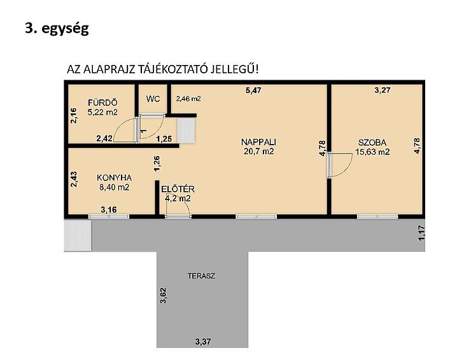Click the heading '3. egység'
[x=57, y=29]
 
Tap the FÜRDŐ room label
[x=102, y=103]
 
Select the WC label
[x=153, y=99]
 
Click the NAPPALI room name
[x=258, y=142]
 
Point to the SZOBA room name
[x=372, y=143]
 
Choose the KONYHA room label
[x=114, y=178]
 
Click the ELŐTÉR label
[x=178, y=189]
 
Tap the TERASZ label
[x=201, y=276]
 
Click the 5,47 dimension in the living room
[x=253, y=90]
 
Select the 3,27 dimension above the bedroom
[x=383, y=90]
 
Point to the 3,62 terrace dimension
[x=163, y=296]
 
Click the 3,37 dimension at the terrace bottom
[x=203, y=342]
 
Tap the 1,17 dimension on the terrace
[x=422, y=233]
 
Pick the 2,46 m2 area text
[x=188, y=99]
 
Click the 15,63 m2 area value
[x=372, y=152]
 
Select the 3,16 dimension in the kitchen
[x=109, y=210]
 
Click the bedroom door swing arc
[x=347, y=169]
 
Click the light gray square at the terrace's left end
[x=78, y=236]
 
